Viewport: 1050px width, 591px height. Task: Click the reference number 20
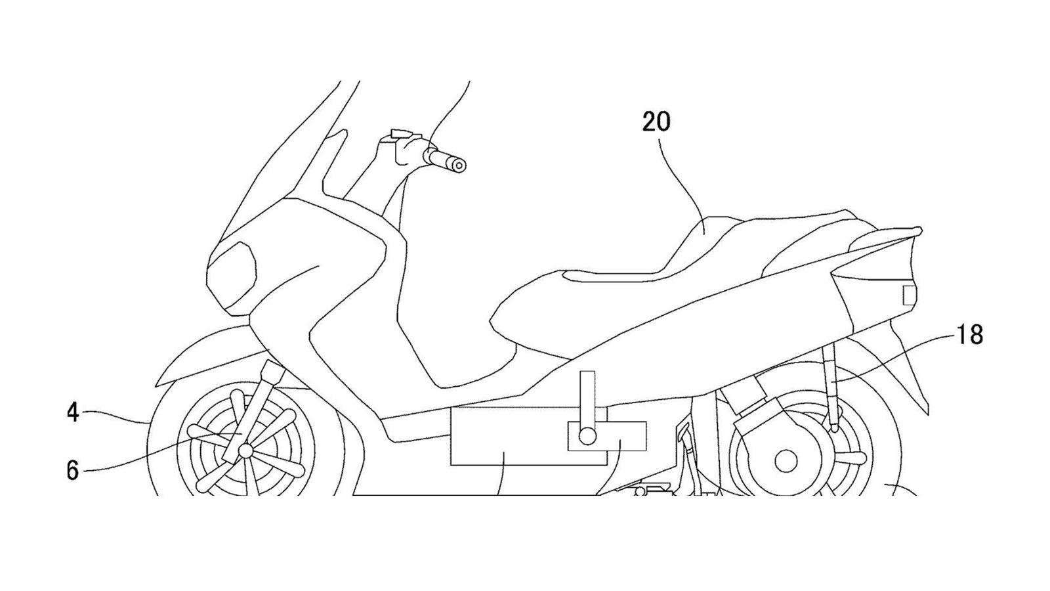tap(656, 122)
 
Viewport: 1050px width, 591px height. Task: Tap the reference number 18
tap(969, 335)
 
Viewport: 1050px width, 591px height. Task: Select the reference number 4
tap(73, 413)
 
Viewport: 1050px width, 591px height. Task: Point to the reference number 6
tap(73, 470)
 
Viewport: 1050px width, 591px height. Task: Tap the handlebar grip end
tap(459, 166)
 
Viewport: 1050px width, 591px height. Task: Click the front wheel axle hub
tap(245, 450)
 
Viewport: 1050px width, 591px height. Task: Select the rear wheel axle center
tap(786, 461)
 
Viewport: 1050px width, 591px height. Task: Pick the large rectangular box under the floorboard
tap(505, 436)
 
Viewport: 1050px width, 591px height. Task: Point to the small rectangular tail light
tap(909, 295)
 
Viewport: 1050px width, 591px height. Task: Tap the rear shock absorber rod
tap(831, 387)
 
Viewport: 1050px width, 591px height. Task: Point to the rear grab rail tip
tap(919, 230)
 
